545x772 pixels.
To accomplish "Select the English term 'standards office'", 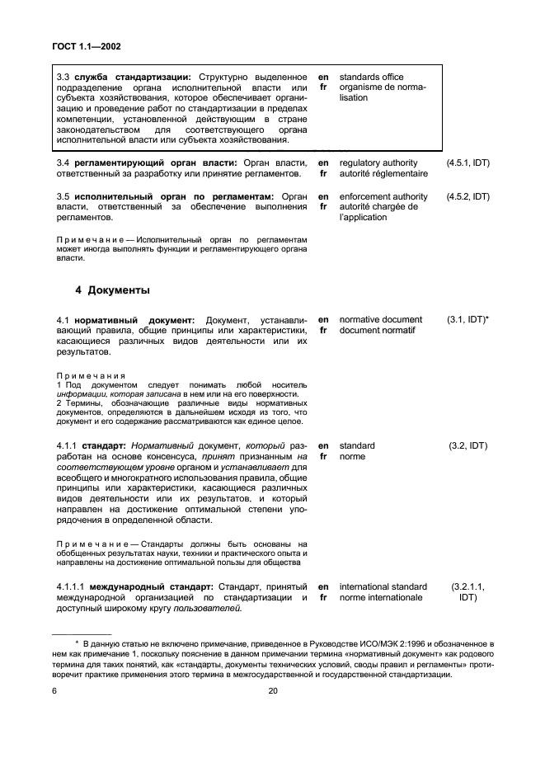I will pos(371,77).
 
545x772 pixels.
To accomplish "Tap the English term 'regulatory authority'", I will pos(378,163).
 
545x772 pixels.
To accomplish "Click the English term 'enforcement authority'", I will pos(383,197).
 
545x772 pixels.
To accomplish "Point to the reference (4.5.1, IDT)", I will pos(467,163).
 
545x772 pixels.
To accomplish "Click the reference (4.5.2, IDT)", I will pos(467,197).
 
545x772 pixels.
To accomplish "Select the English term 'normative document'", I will pos(380,319).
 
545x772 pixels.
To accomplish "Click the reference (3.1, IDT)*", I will pos(468,319).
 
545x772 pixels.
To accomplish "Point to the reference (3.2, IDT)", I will pos(467,445).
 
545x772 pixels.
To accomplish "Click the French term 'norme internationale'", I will pos(381,598).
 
